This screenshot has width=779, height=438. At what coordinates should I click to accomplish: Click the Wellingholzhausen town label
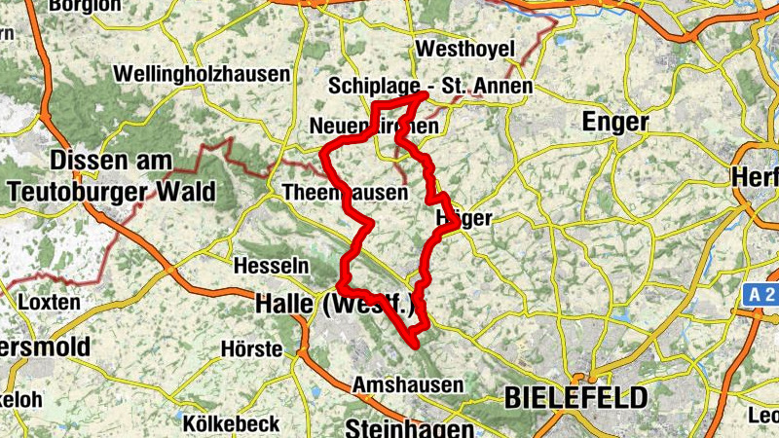pyautogui.click(x=202, y=74)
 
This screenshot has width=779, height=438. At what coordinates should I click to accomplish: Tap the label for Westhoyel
pyautogui.click(x=460, y=49)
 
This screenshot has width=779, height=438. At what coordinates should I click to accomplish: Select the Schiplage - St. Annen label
pyautogui.click(x=431, y=87)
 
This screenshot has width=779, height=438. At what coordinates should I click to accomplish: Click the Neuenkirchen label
pyautogui.click(x=373, y=128)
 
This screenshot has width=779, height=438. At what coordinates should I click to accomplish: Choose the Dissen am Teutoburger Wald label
pyautogui.click(x=111, y=175)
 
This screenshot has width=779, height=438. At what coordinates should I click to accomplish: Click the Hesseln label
pyautogui.click(x=273, y=265)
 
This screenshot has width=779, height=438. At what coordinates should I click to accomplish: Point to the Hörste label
pyautogui.click(x=250, y=348)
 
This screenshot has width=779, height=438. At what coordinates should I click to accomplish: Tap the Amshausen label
pyautogui.click(x=408, y=384)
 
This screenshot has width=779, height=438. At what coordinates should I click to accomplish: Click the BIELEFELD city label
pyautogui.click(x=575, y=397)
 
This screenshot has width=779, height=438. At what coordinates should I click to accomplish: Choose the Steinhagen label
pyautogui.click(x=409, y=428)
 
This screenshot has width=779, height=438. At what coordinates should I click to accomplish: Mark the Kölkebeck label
pyautogui.click(x=231, y=423)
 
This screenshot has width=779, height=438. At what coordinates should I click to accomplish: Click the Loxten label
pyautogui.click(x=49, y=302)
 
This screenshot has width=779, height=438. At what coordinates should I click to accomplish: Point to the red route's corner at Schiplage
pyautogui.click(x=426, y=95)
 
